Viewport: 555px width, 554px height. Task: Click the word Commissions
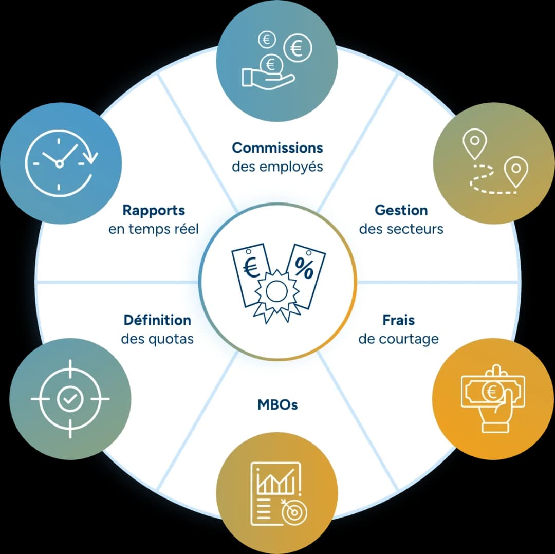[x=277, y=148]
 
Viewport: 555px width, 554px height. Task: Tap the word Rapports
[x=154, y=211]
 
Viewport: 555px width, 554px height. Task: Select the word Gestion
[x=401, y=210]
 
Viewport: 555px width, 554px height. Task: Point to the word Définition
[x=158, y=320]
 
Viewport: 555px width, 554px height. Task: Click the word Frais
[x=399, y=320]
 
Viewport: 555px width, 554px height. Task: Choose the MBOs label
[x=277, y=404]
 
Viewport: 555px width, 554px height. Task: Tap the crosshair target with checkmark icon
[x=70, y=399]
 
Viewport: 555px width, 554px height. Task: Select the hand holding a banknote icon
[x=493, y=399]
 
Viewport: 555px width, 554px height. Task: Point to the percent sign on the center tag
[x=304, y=268]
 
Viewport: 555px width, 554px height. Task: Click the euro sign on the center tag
[x=252, y=268]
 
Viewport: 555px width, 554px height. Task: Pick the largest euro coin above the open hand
[x=298, y=48]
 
